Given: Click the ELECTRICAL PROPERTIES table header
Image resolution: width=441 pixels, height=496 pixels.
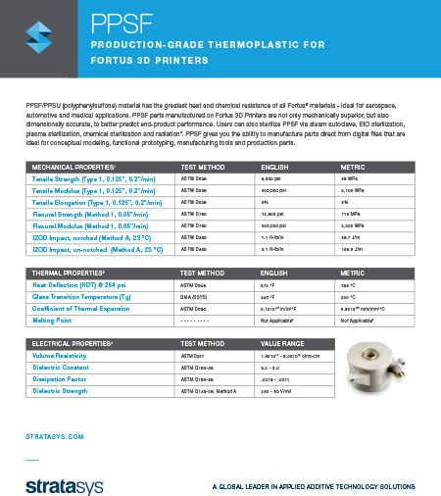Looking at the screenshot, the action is pyautogui.click(x=66, y=343).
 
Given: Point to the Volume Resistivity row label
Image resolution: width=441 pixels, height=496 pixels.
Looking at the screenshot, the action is pyautogui.click(x=67, y=356).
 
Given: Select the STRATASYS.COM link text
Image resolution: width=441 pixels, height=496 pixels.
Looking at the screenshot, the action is pyautogui.click(x=54, y=434).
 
